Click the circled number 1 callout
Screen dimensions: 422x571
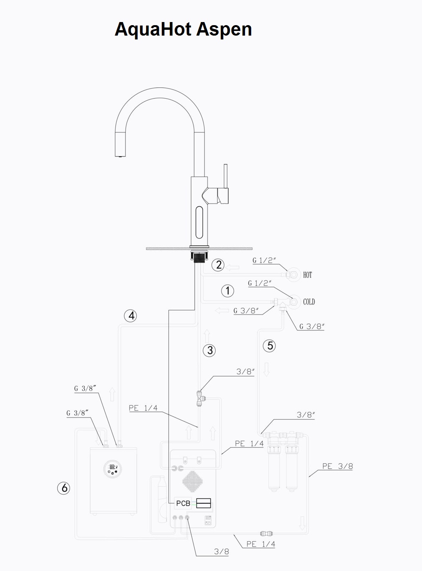228,291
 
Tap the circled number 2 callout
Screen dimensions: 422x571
218,265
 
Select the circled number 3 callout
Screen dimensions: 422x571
209,350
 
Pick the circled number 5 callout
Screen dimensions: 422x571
269,346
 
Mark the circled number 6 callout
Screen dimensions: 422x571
63,488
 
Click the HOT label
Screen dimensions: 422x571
308,275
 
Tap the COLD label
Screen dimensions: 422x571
309,302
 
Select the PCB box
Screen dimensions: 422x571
183,503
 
